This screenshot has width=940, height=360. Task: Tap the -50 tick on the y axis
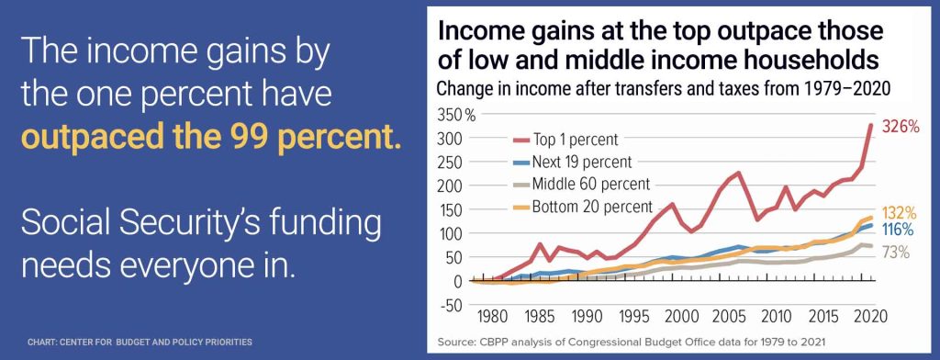(x=449, y=304)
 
